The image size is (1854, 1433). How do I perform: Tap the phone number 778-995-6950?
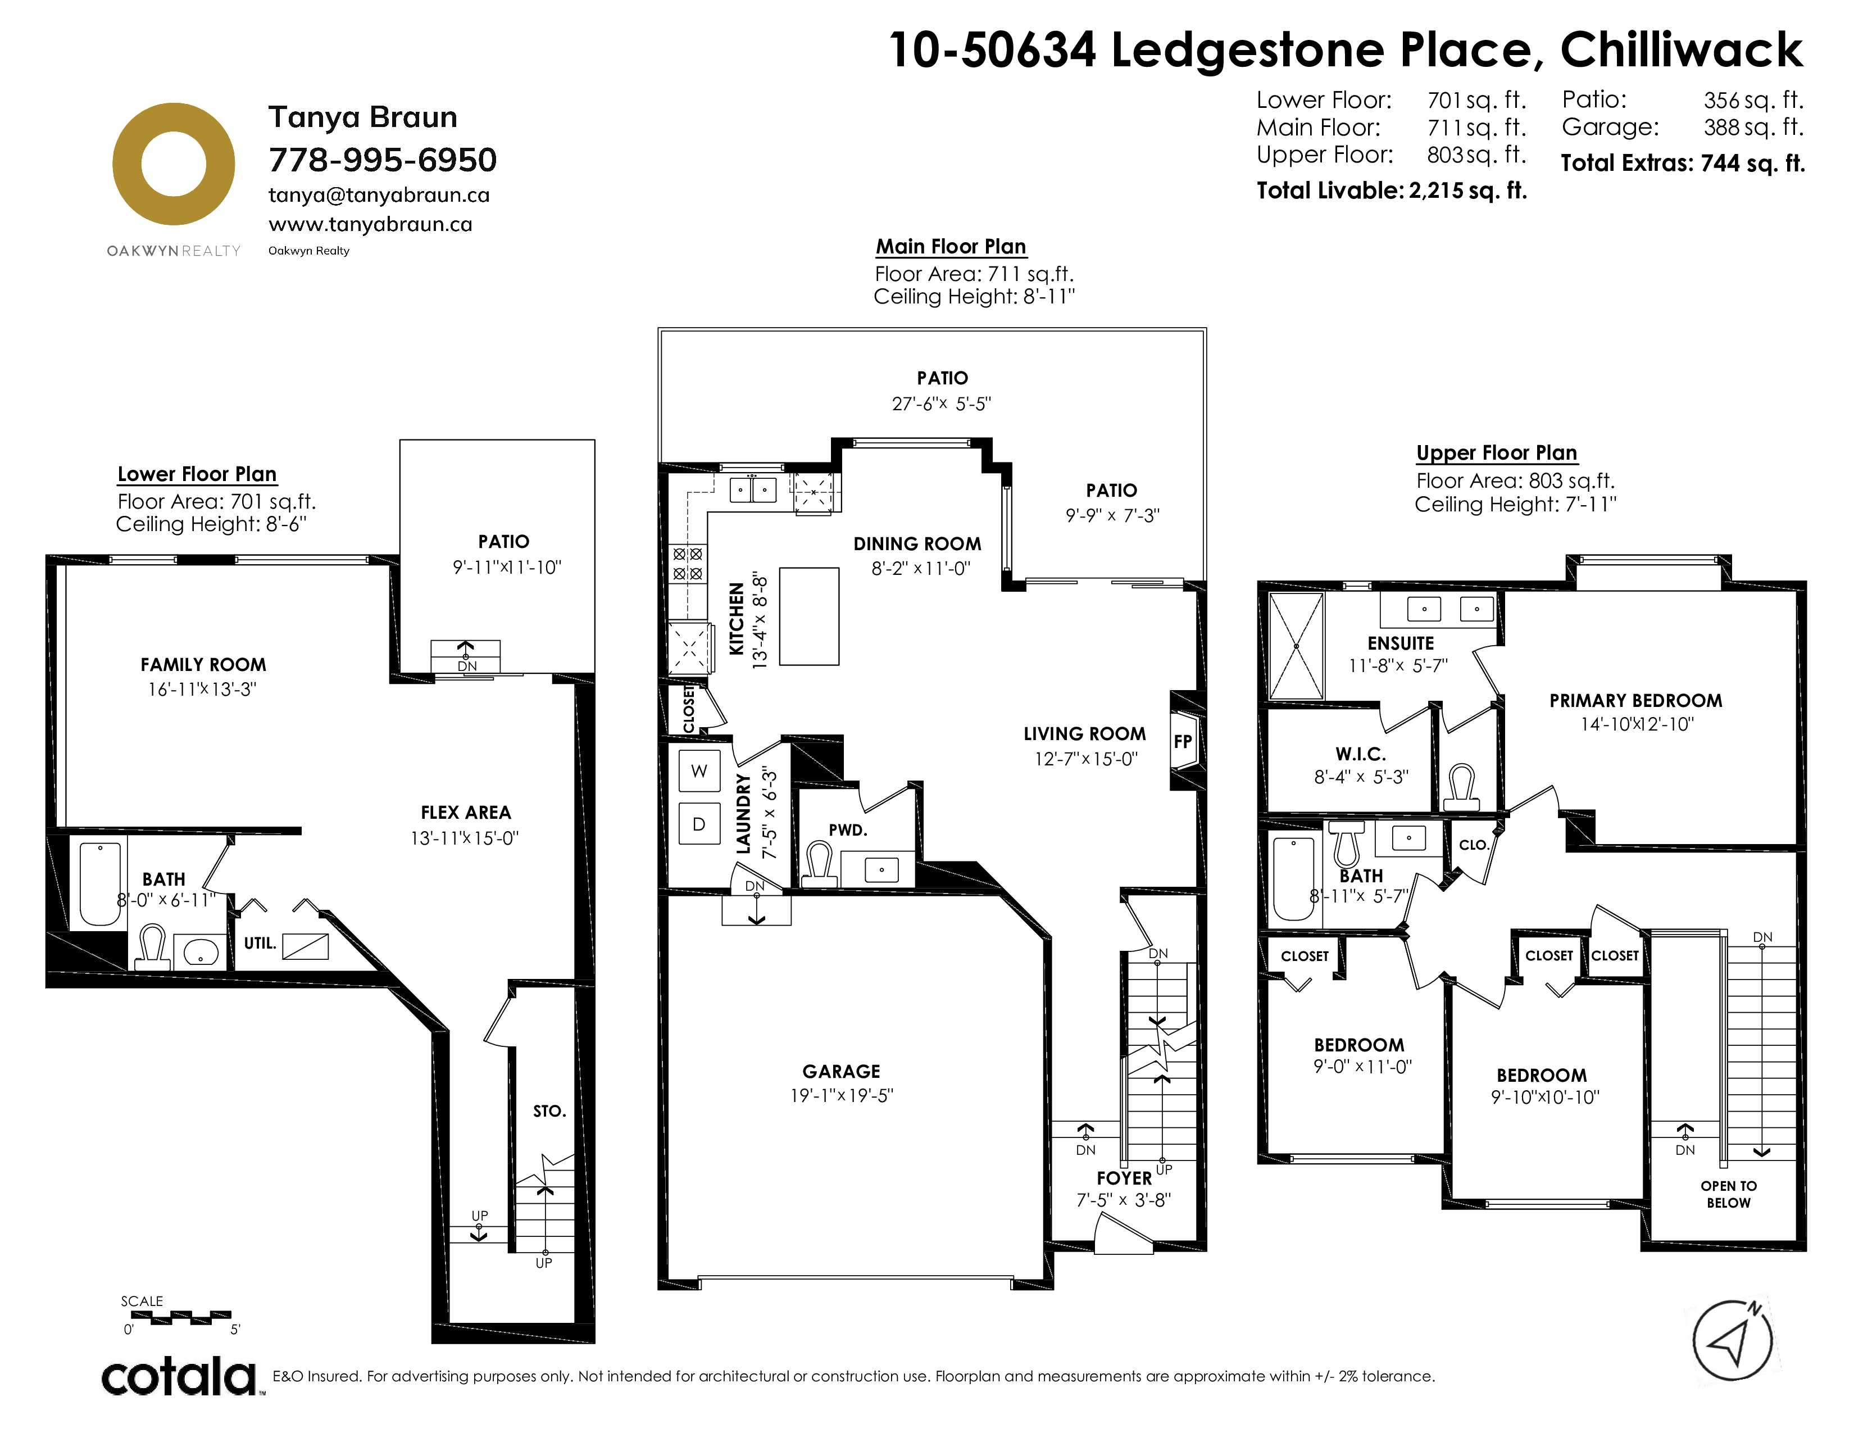click(383, 160)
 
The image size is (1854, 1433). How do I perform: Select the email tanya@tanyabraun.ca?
click(379, 195)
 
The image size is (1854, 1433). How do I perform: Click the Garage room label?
click(841, 1071)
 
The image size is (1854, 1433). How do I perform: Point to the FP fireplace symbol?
click(1183, 741)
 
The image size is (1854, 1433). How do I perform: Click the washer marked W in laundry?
click(699, 771)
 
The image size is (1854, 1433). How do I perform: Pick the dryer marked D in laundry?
click(699, 823)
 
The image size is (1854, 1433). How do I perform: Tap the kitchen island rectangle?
click(809, 616)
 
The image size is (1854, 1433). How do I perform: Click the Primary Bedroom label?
click(1636, 700)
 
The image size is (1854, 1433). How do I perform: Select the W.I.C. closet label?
click(1361, 754)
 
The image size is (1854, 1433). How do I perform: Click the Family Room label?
click(204, 665)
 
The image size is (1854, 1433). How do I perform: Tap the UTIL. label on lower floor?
click(260, 943)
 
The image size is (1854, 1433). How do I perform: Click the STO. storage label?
click(549, 1111)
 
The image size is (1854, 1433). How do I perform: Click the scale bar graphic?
click(181, 1318)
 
